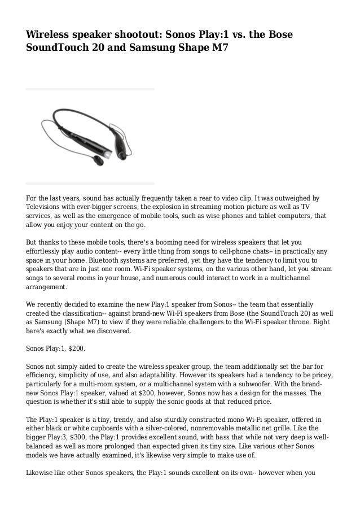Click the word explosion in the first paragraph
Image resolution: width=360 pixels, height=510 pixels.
[x=166, y=207]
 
